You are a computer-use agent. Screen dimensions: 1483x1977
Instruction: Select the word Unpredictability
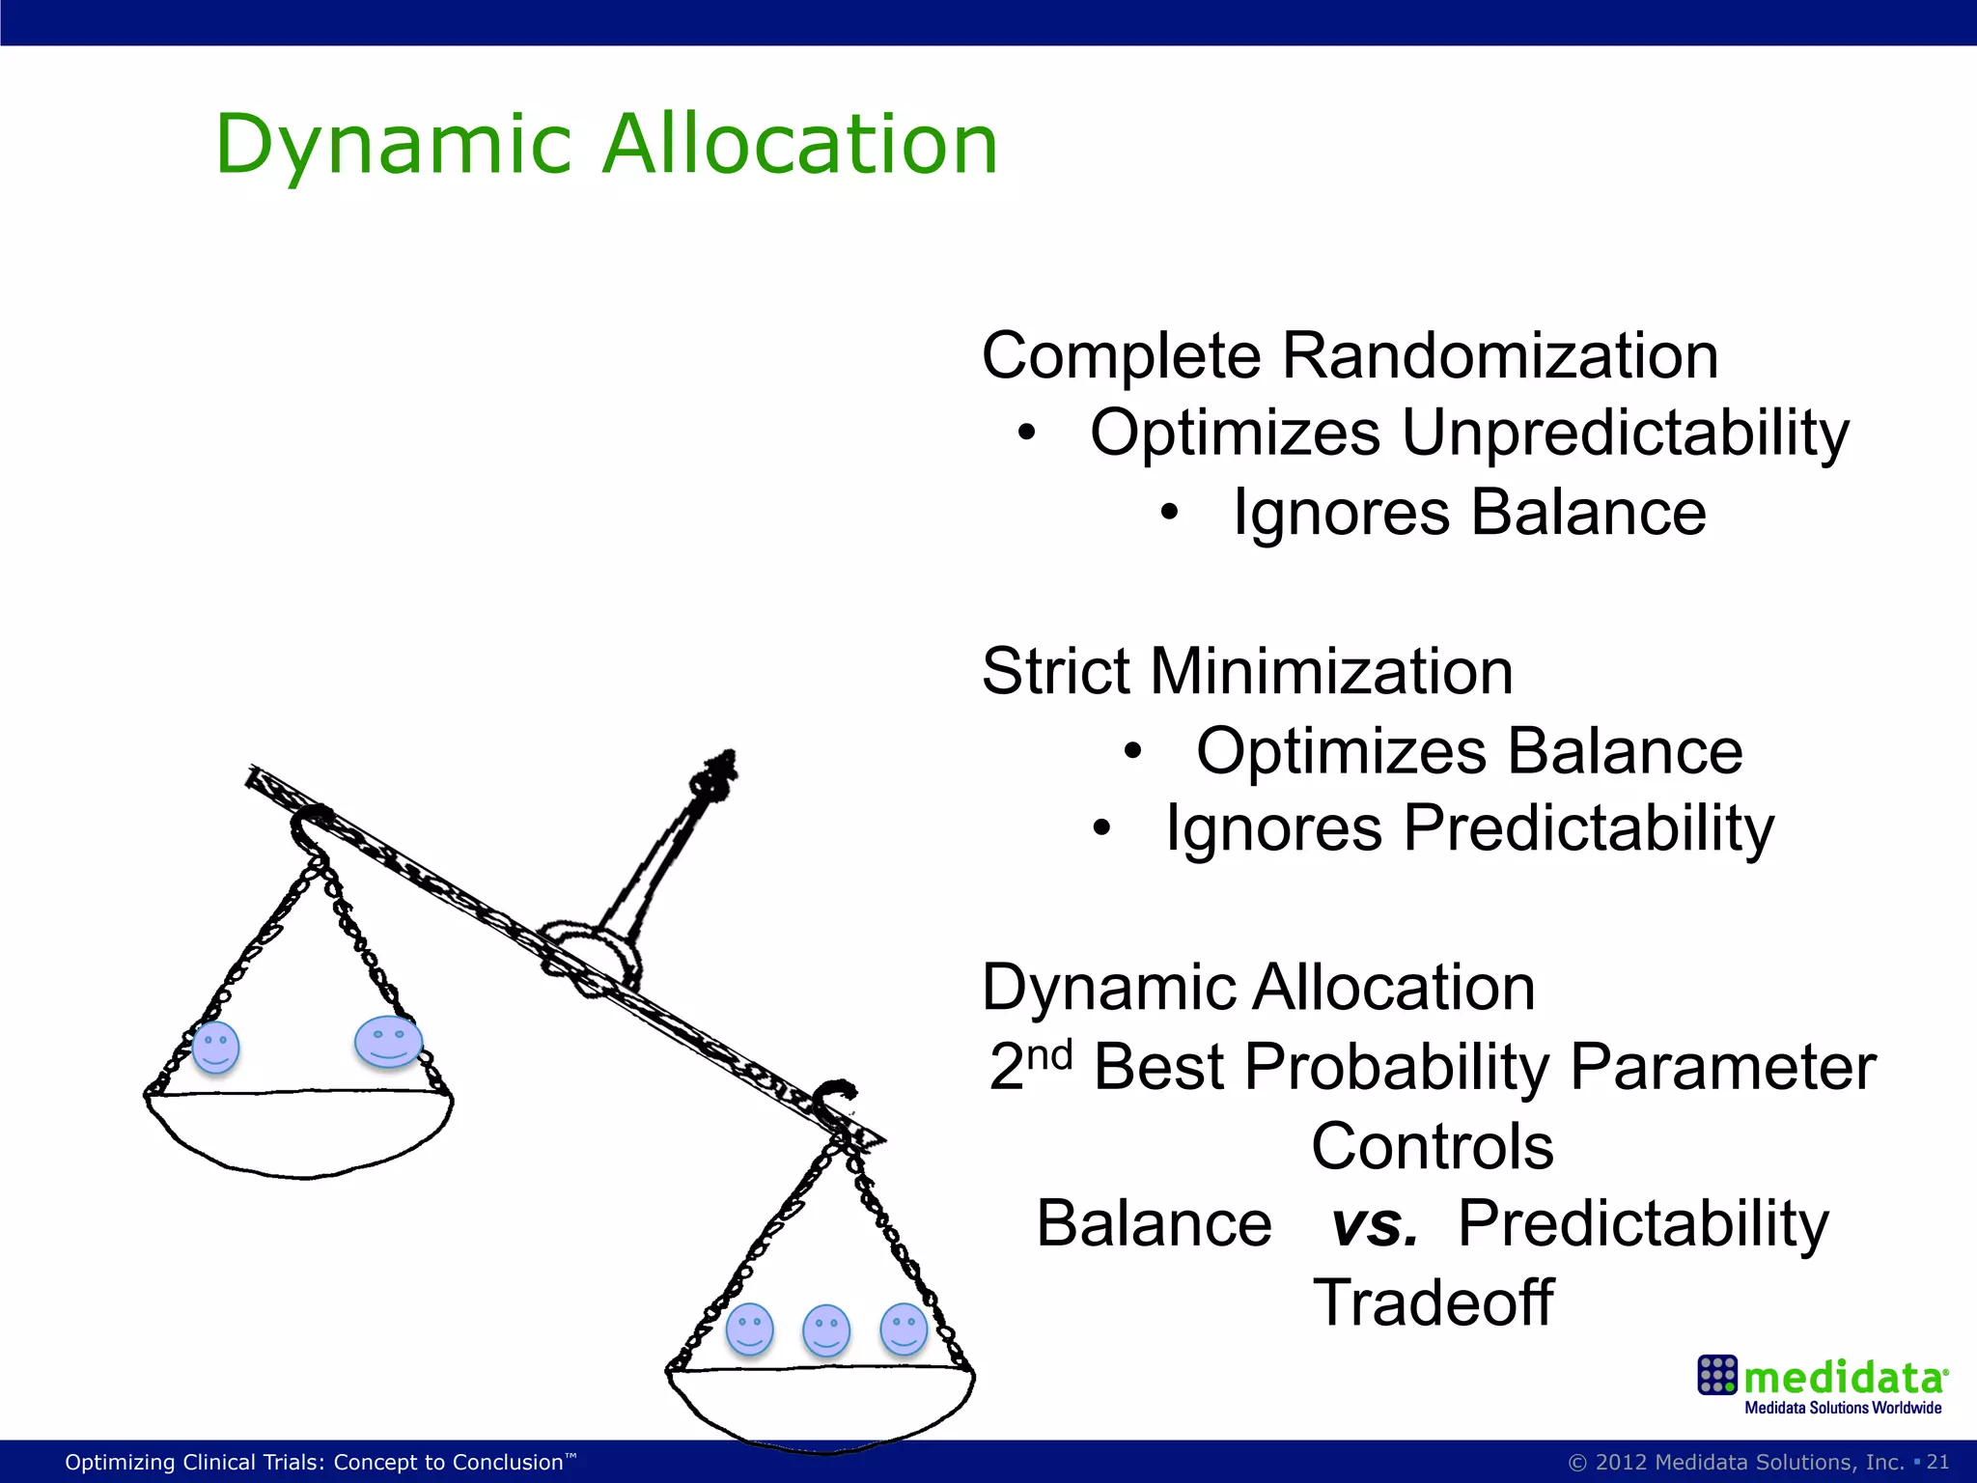pyautogui.click(x=1625, y=433)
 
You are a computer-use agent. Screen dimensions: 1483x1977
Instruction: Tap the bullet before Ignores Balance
pyautogui.click(x=1169, y=514)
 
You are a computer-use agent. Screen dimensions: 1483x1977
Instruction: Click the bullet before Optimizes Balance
pyautogui.click(x=1132, y=751)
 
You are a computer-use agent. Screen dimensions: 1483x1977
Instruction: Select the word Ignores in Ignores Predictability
pyautogui.click(x=1273, y=828)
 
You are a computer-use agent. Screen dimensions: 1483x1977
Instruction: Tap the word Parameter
pyautogui.click(x=1722, y=1067)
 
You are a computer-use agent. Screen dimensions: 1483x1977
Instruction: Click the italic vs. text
pyautogui.click(x=1375, y=1224)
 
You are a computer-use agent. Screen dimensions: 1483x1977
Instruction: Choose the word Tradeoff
pyautogui.click(x=1433, y=1302)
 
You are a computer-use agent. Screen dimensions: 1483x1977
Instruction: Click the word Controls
pyautogui.click(x=1433, y=1146)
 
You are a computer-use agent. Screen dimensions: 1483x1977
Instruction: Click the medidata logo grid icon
pyautogui.click(x=1717, y=1375)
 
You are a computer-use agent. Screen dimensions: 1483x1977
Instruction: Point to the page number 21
pyautogui.click(x=1937, y=1462)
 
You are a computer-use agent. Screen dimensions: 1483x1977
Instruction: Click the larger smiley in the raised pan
pyautogui.click(x=388, y=1042)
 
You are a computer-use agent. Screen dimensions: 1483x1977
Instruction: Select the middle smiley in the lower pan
pyautogui.click(x=826, y=1330)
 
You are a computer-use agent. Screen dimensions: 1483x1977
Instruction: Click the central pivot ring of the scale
pyautogui.click(x=590, y=955)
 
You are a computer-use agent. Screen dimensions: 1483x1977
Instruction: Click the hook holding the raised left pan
pyautogui.click(x=311, y=826)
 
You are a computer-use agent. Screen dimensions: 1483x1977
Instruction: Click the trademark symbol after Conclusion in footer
pyautogui.click(x=571, y=1455)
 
